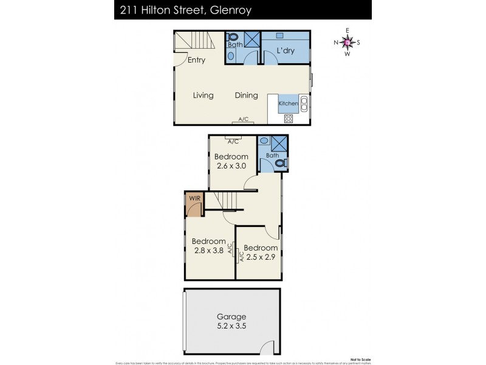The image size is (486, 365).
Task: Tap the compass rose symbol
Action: pyautogui.click(x=347, y=42)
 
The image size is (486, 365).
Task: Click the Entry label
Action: pyautogui.click(x=196, y=60)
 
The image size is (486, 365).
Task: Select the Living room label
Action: pyautogui.click(x=204, y=96)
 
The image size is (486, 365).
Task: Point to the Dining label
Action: pyautogui.click(x=247, y=96)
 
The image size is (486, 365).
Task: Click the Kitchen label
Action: pyautogui.click(x=288, y=104)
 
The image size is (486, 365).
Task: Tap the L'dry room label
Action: pyautogui.click(x=286, y=51)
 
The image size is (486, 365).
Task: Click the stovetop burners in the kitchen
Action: pyautogui.click(x=288, y=119)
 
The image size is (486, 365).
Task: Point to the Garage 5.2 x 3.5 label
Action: pyautogui.click(x=231, y=321)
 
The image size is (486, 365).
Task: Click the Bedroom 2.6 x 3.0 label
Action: pyautogui.click(x=232, y=161)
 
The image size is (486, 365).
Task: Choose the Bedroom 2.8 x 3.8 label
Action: pyautogui.click(x=208, y=245)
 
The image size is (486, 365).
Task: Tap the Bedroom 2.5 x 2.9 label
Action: pyautogui.click(x=261, y=252)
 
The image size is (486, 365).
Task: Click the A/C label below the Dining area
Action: pyautogui.click(x=244, y=119)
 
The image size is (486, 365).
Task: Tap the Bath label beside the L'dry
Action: pyautogui.click(x=235, y=44)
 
